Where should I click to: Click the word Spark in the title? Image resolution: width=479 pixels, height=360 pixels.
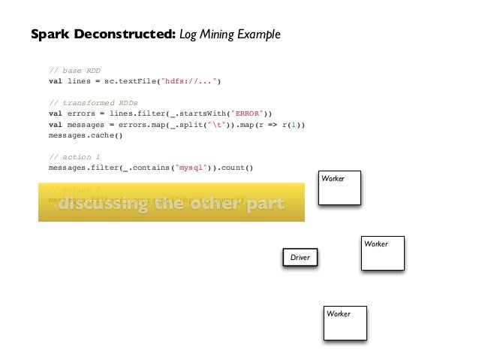(x=50, y=35)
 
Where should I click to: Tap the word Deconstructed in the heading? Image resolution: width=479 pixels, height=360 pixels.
(x=123, y=35)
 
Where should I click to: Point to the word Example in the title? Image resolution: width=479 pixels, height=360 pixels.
(x=259, y=35)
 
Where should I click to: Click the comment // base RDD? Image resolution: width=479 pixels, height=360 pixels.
(x=74, y=71)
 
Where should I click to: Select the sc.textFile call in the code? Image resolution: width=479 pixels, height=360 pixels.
(x=137, y=82)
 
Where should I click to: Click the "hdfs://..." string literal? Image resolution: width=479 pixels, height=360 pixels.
(x=193, y=82)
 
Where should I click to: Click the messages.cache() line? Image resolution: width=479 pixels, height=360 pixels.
(x=85, y=136)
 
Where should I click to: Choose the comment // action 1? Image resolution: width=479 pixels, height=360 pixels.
(x=74, y=157)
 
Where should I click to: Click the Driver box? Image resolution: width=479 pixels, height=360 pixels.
(x=300, y=258)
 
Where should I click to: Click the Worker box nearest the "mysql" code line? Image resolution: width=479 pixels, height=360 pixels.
(x=339, y=188)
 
